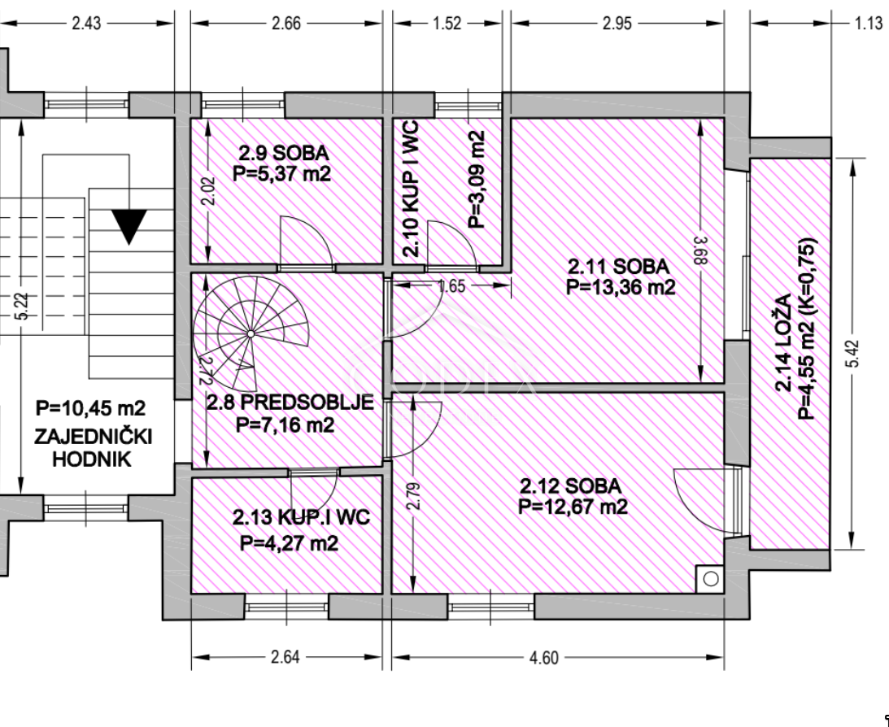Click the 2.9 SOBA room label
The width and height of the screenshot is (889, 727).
[x=284, y=153]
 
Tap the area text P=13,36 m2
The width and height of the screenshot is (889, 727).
[x=621, y=287]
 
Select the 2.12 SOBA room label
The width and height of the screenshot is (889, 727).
[x=571, y=485]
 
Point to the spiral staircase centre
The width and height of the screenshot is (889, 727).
[x=251, y=334]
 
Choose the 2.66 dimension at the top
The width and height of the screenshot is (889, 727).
[x=286, y=24]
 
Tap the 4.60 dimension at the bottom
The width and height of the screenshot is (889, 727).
[x=543, y=657]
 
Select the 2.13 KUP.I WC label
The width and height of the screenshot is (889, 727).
[x=301, y=516]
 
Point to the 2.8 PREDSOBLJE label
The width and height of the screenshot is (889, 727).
[x=290, y=403]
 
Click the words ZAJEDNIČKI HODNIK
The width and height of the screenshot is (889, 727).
[x=93, y=447]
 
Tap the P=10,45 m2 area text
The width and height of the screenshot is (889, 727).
[x=91, y=408]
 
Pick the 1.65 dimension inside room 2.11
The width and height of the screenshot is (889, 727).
[x=452, y=286]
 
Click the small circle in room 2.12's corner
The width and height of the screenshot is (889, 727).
[x=711, y=579]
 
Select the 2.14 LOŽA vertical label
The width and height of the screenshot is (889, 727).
[x=784, y=342]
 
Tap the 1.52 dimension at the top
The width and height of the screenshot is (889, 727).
[x=447, y=24]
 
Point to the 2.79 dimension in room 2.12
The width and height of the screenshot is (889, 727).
[x=415, y=495]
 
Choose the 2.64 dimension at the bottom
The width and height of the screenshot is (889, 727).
[x=285, y=657]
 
